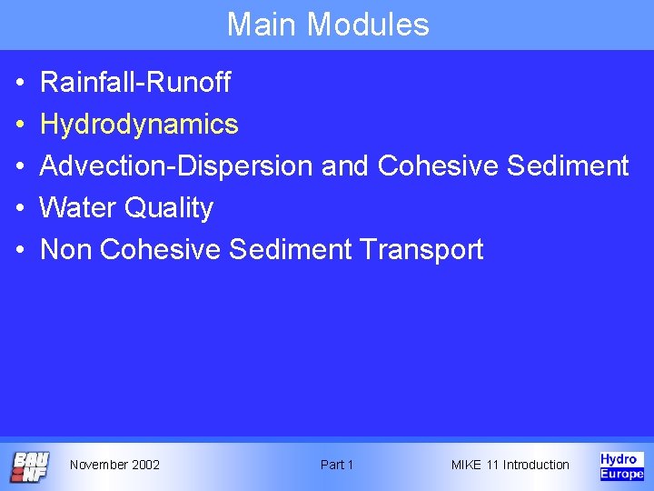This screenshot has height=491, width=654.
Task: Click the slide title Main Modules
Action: [x=327, y=25]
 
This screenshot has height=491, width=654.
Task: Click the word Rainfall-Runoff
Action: [x=135, y=84]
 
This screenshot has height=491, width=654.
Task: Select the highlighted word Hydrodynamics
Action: [x=139, y=125]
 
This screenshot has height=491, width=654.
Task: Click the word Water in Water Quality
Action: [x=78, y=208]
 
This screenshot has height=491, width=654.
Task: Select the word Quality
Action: [x=169, y=208]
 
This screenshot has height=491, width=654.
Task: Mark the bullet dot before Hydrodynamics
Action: [x=20, y=125]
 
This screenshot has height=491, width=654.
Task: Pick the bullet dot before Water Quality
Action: [x=20, y=209]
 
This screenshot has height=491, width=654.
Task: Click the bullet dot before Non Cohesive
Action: [x=20, y=250]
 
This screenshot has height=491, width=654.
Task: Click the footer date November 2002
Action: [x=114, y=465]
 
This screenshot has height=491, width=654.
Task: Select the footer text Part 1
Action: [x=337, y=465]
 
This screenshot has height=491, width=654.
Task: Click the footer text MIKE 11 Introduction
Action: [x=510, y=465]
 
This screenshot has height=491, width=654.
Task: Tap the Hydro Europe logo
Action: [x=621, y=466]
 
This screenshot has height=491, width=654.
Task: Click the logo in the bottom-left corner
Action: [x=29, y=466]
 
